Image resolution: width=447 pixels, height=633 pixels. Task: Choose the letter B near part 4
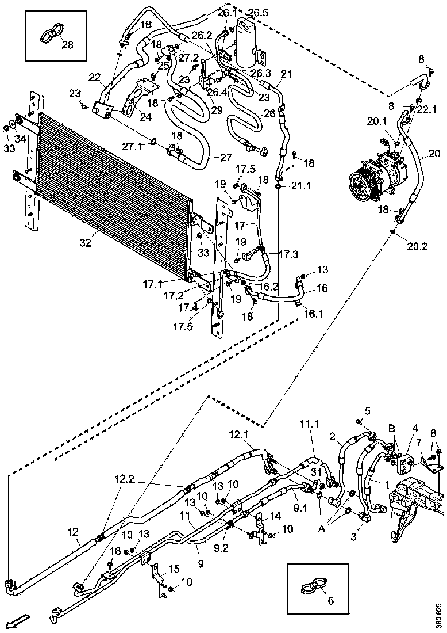392,429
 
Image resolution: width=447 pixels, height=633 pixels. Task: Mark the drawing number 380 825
440,615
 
